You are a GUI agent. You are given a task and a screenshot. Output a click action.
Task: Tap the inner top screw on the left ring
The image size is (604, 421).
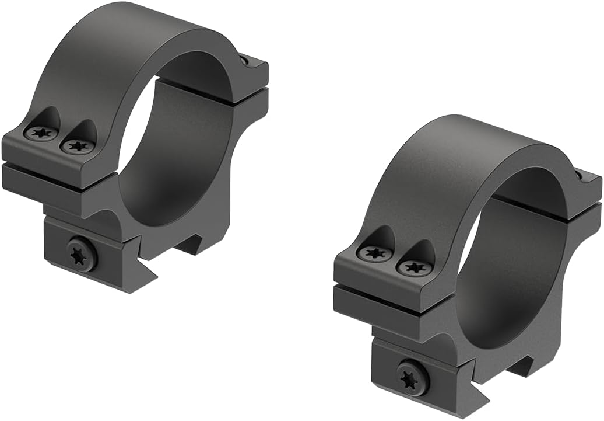point(78,145)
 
